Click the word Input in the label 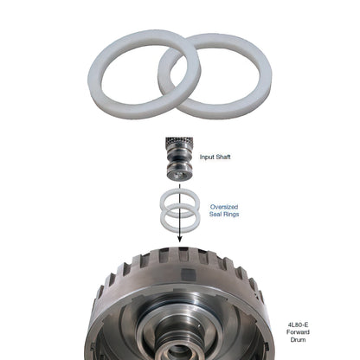207,157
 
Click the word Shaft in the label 223,157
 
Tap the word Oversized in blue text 224,207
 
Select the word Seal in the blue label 215,214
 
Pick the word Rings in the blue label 231,214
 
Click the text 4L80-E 298,325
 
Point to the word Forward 298,332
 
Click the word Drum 298,339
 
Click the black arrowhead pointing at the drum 180,239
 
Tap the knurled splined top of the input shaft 179,142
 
